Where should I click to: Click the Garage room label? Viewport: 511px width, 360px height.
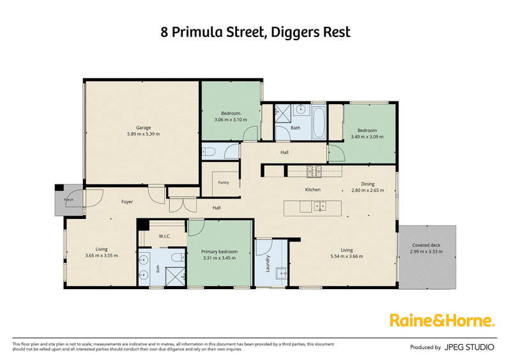coord(143,128)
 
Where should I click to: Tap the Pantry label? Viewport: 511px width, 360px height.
coord(224,183)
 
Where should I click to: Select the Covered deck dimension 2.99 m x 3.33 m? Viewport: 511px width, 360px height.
coord(426,251)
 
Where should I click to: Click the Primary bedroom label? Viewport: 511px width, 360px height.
coord(219,251)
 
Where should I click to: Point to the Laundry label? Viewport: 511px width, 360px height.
coord(268,264)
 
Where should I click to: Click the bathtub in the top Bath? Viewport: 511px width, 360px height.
coord(318,123)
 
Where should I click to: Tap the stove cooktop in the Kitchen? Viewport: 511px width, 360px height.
coord(314,171)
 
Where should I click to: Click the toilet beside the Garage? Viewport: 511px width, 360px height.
coord(208,152)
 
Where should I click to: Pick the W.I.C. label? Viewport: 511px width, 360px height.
coord(165,236)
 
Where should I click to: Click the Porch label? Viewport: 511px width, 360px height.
coord(69,200)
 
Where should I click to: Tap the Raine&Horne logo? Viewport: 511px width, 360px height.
coord(442,320)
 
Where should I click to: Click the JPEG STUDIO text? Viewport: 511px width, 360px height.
coord(469,347)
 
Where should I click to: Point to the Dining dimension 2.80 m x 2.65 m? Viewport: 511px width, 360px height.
coord(368,190)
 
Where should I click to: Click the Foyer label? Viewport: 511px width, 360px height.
coord(127,202)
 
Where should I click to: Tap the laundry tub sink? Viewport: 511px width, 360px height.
coord(281,273)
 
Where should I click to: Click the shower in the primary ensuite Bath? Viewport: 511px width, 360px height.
coord(176,276)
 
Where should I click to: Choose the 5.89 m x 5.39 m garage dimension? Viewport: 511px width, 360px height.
coord(143,134)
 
